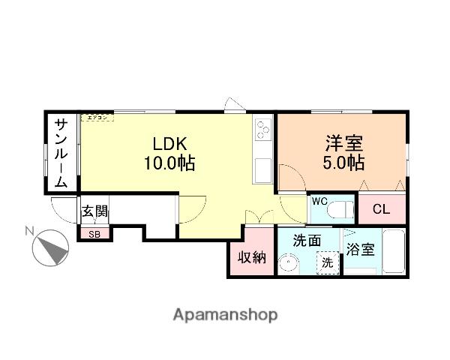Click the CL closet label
380,209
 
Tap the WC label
319,201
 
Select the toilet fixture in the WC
342,208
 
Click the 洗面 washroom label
307,241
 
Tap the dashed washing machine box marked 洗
326,263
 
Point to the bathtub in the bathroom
394,251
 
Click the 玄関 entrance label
94,211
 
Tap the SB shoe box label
94,234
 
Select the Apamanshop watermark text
225,314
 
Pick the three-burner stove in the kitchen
263,130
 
